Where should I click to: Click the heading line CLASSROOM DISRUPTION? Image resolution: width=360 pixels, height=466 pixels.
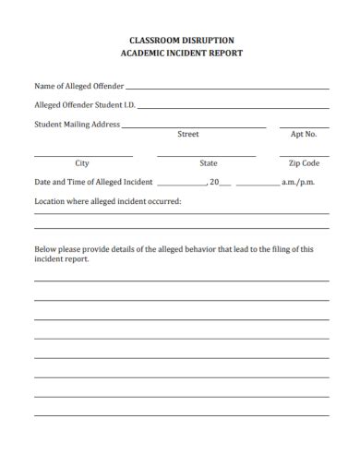pyautogui.click(x=180, y=41)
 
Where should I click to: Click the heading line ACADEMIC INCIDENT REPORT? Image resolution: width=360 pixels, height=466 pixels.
pyautogui.click(x=180, y=54)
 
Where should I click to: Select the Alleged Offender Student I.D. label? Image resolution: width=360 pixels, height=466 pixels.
pyautogui.click(x=85, y=105)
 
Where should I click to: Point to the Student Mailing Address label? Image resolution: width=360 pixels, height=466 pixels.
pyautogui.click(x=78, y=124)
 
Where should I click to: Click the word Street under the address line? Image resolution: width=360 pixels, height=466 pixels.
pyautogui.click(x=187, y=135)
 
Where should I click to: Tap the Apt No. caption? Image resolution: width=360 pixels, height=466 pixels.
pyautogui.click(x=304, y=135)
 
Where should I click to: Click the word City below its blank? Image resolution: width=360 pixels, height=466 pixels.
pyautogui.click(x=82, y=163)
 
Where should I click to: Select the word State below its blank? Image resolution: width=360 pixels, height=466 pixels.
pyautogui.click(x=209, y=163)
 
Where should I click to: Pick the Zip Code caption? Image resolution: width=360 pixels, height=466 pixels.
pyautogui.click(x=304, y=163)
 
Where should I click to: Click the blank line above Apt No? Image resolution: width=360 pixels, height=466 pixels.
pyautogui.click(x=304, y=126)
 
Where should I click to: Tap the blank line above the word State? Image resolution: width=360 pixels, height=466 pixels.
pyautogui.click(x=207, y=155)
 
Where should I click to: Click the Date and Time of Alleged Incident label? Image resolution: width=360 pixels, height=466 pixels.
pyautogui.click(x=93, y=183)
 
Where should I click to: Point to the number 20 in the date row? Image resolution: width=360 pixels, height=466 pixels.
pyautogui.click(x=214, y=183)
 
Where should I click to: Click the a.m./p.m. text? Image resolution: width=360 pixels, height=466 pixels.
pyautogui.click(x=298, y=183)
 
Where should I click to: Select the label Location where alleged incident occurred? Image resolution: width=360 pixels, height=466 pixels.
pyautogui.click(x=108, y=200)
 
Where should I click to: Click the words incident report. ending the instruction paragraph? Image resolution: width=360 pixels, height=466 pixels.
pyautogui.click(x=62, y=259)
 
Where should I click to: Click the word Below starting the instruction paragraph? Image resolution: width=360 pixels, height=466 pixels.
pyautogui.click(x=46, y=248)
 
